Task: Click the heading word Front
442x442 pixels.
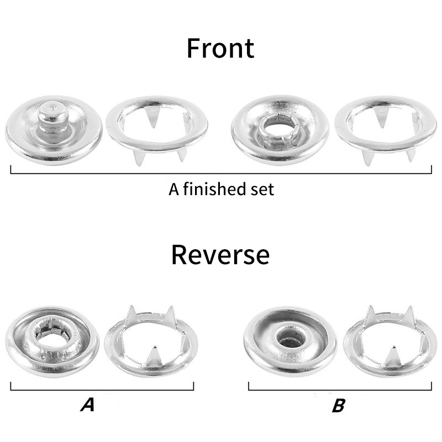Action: pos(220,49)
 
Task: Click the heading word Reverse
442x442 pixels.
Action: pos(220,255)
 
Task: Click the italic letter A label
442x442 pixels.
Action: pos(88,404)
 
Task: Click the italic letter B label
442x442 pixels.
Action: pos(339,405)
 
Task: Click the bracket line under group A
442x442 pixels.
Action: pos(102,390)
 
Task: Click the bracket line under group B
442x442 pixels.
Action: pos(340,390)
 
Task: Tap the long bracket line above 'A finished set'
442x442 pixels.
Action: pos(221,173)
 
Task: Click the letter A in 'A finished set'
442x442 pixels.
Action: pos(173,189)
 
